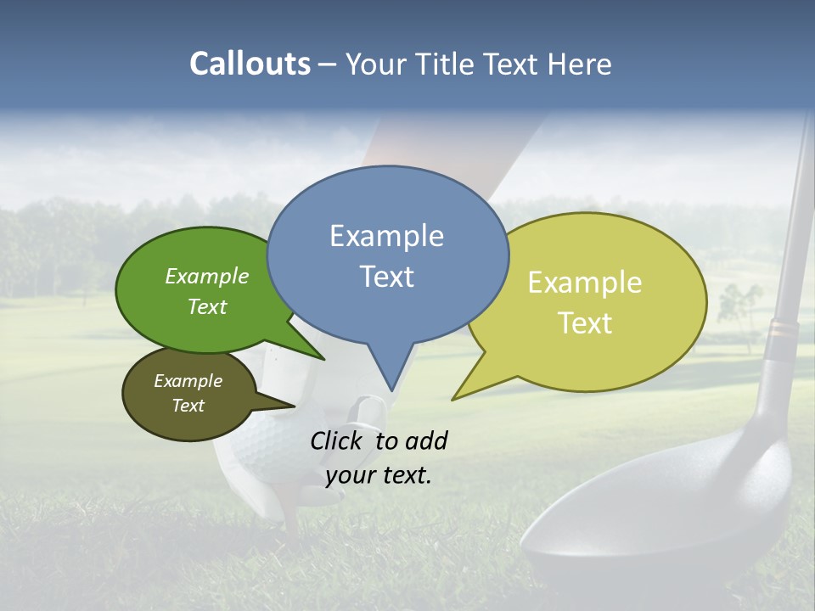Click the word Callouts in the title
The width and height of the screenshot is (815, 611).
[x=250, y=64]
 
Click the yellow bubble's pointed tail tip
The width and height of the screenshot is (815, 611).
[x=453, y=399]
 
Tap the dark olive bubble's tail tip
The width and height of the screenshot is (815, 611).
[x=294, y=406]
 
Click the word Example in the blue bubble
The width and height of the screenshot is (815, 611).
[x=386, y=236]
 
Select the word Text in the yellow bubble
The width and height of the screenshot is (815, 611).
[x=585, y=323]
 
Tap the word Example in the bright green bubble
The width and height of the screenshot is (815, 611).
[x=207, y=276]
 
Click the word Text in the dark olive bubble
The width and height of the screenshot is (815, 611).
[x=188, y=406]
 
